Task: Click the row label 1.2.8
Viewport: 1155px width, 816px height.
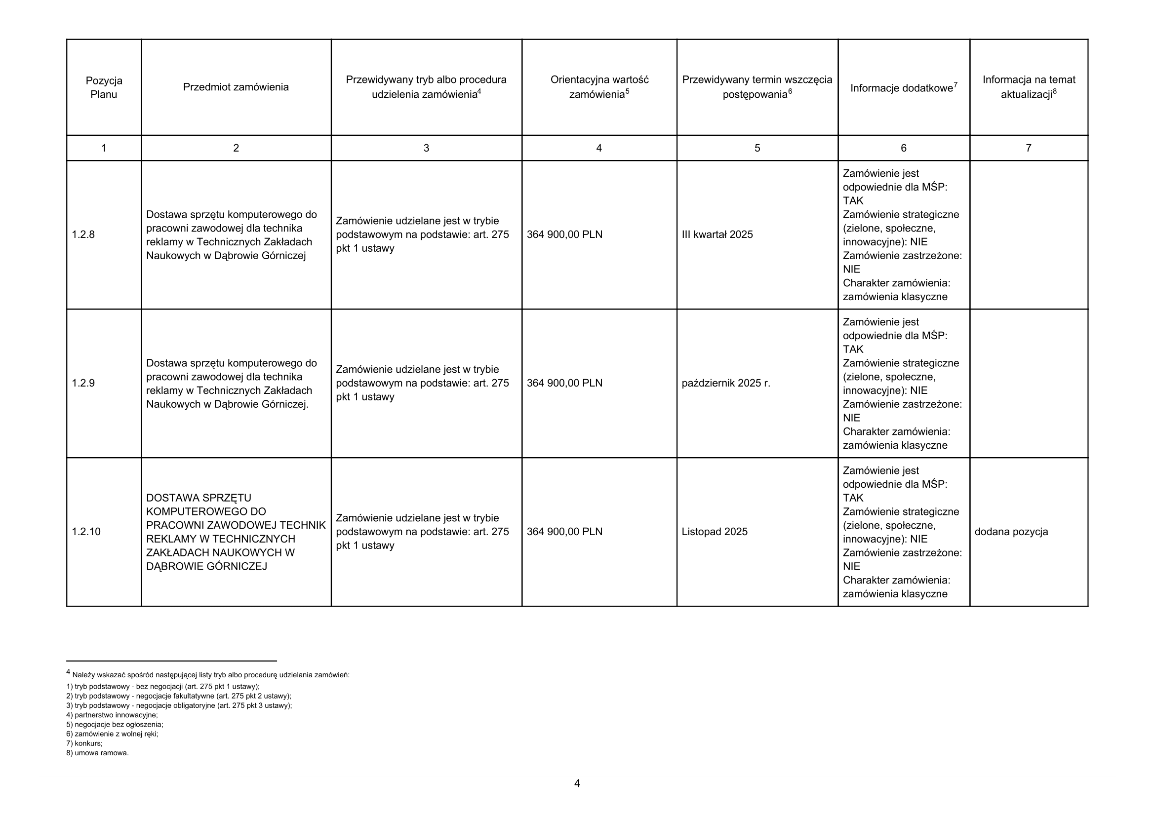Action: [x=83, y=234]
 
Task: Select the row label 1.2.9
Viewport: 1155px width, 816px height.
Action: [x=83, y=383]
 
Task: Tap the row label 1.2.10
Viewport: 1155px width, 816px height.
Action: [x=86, y=532]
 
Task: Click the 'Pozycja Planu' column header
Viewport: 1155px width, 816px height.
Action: [x=104, y=87]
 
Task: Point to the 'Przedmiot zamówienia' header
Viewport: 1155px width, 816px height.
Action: [x=236, y=87]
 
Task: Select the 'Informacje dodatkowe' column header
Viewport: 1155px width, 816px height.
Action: [x=904, y=88]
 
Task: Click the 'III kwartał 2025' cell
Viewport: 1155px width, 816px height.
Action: [x=717, y=234]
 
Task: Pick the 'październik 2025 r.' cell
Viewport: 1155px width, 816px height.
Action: [x=725, y=383]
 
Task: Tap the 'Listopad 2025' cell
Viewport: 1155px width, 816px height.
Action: [x=715, y=532]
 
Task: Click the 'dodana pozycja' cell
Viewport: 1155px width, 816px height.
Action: [x=1011, y=532]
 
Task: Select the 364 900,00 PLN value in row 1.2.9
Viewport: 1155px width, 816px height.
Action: [x=564, y=383]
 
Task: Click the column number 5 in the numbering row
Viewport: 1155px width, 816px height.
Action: [x=757, y=148]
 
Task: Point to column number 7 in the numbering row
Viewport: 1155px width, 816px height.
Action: [x=1028, y=148]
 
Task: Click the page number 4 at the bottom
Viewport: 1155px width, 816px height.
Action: [x=577, y=783]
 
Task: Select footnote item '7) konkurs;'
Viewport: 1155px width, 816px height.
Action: [x=84, y=743]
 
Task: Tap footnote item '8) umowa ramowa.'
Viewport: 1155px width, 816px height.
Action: [x=98, y=753]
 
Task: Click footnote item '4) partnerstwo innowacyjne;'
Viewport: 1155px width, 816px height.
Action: [x=112, y=715]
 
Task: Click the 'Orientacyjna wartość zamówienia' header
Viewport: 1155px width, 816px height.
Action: [x=599, y=87]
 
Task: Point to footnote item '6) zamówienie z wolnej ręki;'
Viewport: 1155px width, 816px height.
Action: [x=112, y=734]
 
